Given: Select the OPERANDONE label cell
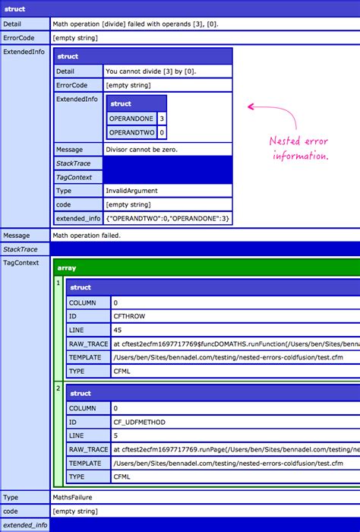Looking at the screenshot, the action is (x=132, y=119).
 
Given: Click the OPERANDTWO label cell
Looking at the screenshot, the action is (x=132, y=132).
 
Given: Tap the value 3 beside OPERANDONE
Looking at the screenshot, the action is (x=162, y=119).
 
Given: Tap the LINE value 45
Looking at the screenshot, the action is (x=117, y=330).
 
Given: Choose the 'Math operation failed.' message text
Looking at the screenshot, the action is (x=87, y=236).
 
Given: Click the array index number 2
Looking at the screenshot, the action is (x=58, y=388).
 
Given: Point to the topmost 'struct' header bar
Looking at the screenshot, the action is (x=180, y=8).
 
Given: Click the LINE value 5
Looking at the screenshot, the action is (x=115, y=435).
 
